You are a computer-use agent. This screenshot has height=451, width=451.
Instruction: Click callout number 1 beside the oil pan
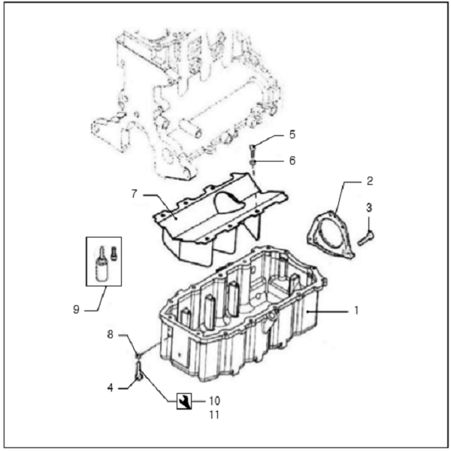point(356,309)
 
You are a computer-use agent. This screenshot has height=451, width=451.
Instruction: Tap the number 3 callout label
point(369,207)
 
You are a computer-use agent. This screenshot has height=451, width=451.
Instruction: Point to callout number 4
point(110,389)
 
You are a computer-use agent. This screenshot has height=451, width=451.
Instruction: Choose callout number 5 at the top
point(292,135)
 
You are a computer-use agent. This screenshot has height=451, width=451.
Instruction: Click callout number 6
point(292,161)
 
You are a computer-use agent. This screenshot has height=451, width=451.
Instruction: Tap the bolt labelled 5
point(253,148)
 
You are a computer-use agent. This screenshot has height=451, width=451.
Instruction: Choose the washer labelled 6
point(254,162)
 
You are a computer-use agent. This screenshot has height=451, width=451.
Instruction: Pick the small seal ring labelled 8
point(138,354)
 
